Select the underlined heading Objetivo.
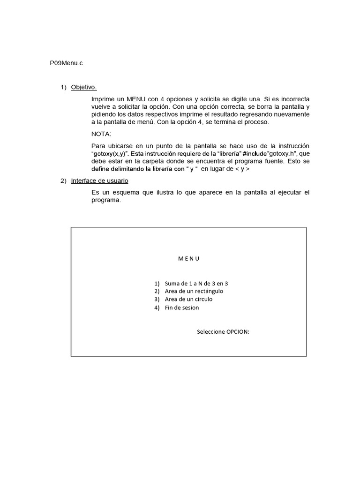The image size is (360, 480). pos(84,87)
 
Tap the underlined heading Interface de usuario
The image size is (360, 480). pos(99,181)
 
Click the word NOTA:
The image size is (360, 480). pos(102,134)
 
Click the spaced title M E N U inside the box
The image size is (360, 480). pos(189,258)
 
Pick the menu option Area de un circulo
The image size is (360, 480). pos(188,299)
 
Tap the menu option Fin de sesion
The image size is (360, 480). pos(182,307)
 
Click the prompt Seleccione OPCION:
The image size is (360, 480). pos(223,332)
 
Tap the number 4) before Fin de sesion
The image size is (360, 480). pos(157,307)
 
